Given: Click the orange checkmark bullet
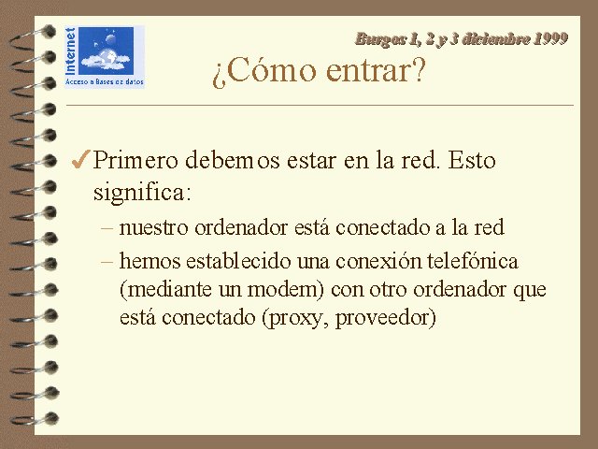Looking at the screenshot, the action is coord(81,159).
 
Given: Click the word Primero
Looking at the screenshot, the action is coord(135,160).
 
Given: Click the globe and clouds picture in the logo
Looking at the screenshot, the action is coord(106,51).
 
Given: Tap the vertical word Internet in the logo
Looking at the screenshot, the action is coord(71,51).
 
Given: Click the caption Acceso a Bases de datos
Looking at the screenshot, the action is coord(105,81).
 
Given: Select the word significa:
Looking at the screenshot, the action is coord(142,193).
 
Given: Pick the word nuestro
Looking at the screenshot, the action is coord(153,228).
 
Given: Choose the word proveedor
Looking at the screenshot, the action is coord(382,318).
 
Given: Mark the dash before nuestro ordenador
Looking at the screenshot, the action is coord(107,228).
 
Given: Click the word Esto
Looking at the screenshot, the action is coord(472,160).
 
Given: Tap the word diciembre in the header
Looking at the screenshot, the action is coord(495,39).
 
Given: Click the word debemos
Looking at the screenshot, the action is coord(233,160).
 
